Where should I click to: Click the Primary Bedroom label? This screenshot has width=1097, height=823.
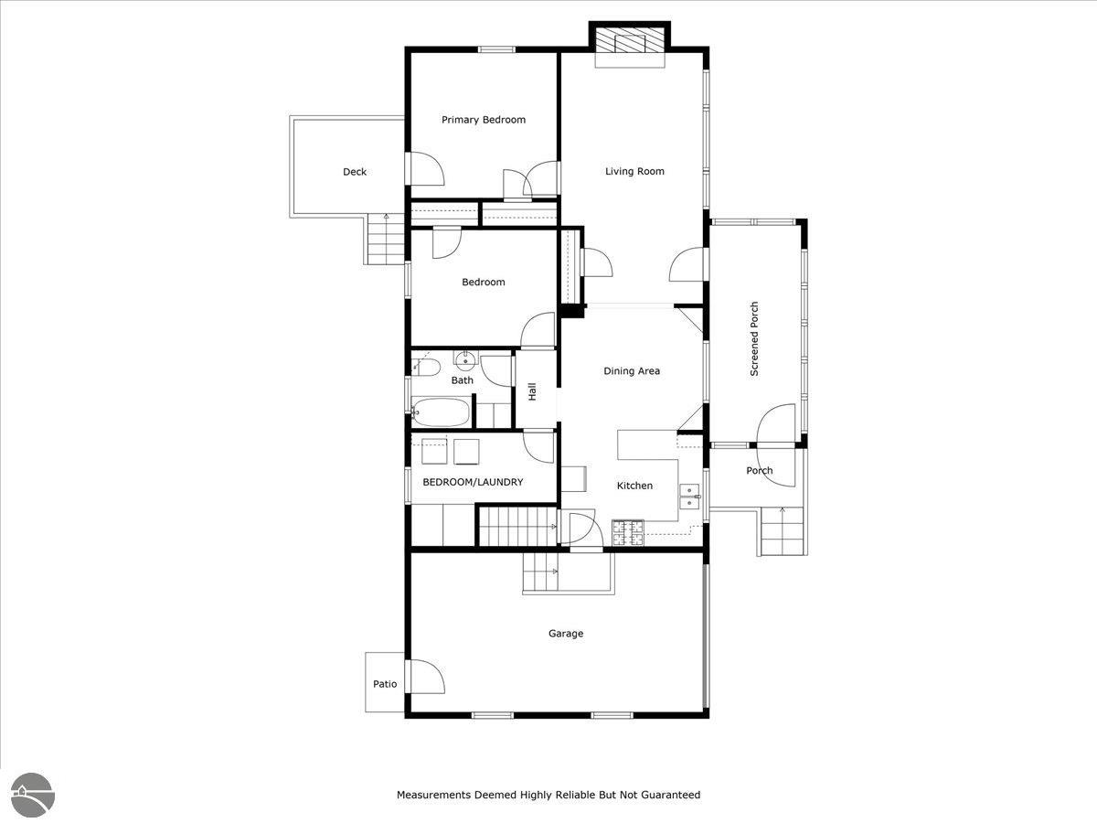pyautogui.click(x=484, y=120)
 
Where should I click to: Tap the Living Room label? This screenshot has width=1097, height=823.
pyautogui.click(x=634, y=171)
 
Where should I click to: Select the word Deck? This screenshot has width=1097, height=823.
pyautogui.click(x=355, y=172)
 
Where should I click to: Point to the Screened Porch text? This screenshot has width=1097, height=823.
pyautogui.click(x=754, y=338)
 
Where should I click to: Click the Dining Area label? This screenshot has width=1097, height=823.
pyautogui.click(x=632, y=370)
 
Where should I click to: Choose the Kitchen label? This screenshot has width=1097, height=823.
pyautogui.click(x=634, y=486)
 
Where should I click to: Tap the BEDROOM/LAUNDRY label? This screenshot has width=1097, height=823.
pyautogui.click(x=473, y=482)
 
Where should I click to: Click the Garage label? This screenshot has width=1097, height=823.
pyautogui.click(x=566, y=634)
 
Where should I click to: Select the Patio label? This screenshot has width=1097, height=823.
pyautogui.click(x=385, y=684)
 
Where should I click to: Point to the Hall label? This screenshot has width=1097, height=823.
pyautogui.click(x=532, y=391)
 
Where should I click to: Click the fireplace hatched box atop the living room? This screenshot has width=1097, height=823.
pyautogui.click(x=630, y=40)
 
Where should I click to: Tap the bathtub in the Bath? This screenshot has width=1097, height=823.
pyautogui.click(x=441, y=412)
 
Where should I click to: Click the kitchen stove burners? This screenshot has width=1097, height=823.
pyautogui.click(x=628, y=532)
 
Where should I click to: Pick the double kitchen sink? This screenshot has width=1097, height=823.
pyautogui.click(x=690, y=497)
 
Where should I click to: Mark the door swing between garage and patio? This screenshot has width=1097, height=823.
pyautogui.click(x=425, y=677)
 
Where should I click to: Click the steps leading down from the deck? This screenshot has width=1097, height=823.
pyautogui.click(x=386, y=240)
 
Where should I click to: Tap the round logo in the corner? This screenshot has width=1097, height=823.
pyautogui.click(x=33, y=796)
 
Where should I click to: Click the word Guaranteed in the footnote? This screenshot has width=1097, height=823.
pyautogui.click(x=671, y=795)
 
